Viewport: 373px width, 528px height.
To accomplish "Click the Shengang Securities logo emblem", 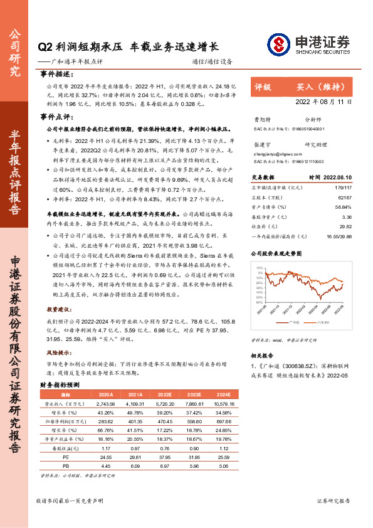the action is tap(277, 44).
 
